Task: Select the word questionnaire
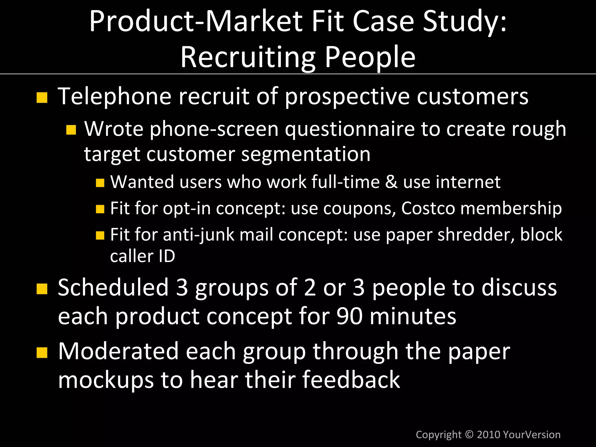click(350, 129)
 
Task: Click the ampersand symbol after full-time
click(391, 182)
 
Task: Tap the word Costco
click(428, 208)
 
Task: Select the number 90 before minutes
click(350, 316)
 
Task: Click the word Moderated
click(118, 351)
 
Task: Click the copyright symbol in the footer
click(469, 435)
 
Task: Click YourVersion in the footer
click(531, 435)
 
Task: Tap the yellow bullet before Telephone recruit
click(42, 98)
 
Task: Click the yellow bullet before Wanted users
click(100, 183)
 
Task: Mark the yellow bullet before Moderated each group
click(42, 353)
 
